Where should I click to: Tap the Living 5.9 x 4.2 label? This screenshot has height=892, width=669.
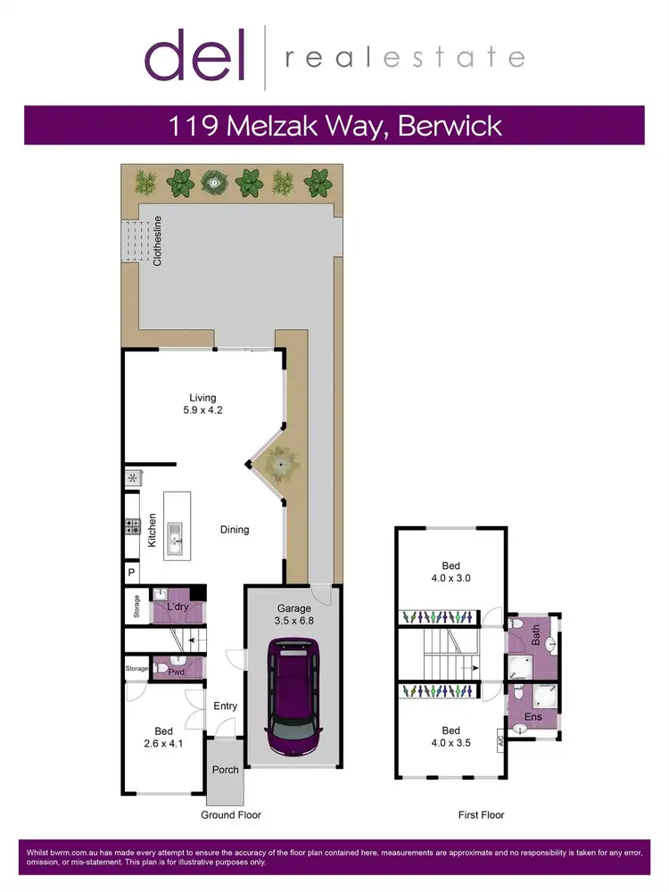click(x=202, y=405)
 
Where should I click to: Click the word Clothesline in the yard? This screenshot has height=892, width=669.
click(x=157, y=241)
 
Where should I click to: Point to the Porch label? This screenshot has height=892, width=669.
click(x=226, y=769)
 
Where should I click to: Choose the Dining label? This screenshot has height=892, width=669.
click(x=235, y=530)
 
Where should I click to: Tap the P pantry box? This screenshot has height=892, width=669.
click(x=131, y=572)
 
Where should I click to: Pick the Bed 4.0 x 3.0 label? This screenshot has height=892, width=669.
click(x=451, y=572)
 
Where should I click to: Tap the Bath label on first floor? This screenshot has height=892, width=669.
click(x=536, y=636)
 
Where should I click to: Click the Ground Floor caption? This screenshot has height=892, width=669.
click(x=230, y=814)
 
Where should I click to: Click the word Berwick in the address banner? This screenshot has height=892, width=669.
click(x=449, y=125)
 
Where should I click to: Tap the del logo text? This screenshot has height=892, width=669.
click(x=196, y=56)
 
